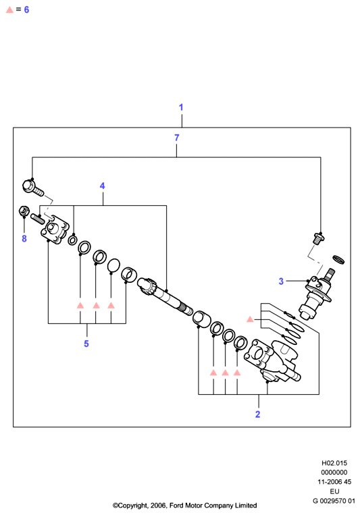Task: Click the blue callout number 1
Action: tap(181, 107)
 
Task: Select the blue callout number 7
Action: tap(177, 138)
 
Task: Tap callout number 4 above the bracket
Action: tap(103, 186)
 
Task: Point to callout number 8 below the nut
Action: tap(24, 238)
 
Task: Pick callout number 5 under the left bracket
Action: tap(86, 344)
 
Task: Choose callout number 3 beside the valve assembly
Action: tap(281, 281)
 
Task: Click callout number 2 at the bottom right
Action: tap(258, 414)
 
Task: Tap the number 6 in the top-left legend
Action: tap(26, 10)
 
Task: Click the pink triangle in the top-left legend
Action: tap(10, 10)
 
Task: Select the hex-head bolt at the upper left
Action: tap(33, 188)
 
